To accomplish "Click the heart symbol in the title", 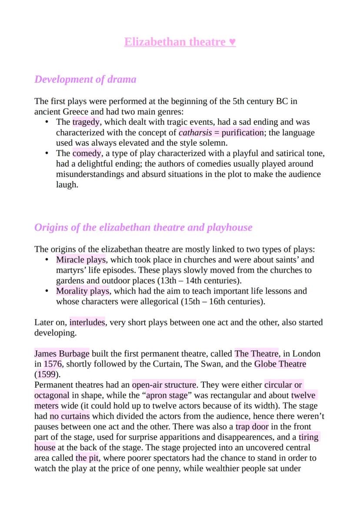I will [x=232, y=42].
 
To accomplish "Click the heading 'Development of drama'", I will [x=85, y=80].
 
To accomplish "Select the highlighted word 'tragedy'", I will [x=86, y=122].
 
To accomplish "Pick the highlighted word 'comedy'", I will [x=87, y=153].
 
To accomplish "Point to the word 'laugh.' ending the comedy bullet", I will [x=67, y=185].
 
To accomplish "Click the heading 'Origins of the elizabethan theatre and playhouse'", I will [x=143, y=228].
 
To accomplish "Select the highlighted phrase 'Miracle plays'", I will [x=81, y=260].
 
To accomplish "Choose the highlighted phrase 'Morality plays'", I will [x=83, y=291].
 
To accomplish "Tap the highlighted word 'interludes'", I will [x=87, y=323].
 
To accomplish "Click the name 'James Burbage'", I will [x=62, y=354].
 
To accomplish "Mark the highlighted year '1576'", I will [x=53, y=364].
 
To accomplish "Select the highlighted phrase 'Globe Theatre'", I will [x=280, y=364].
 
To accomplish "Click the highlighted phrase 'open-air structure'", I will [x=164, y=385].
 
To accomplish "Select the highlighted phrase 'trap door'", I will [x=252, y=427].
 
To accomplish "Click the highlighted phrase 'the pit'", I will [x=87, y=458].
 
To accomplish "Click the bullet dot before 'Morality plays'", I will [x=47, y=291].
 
